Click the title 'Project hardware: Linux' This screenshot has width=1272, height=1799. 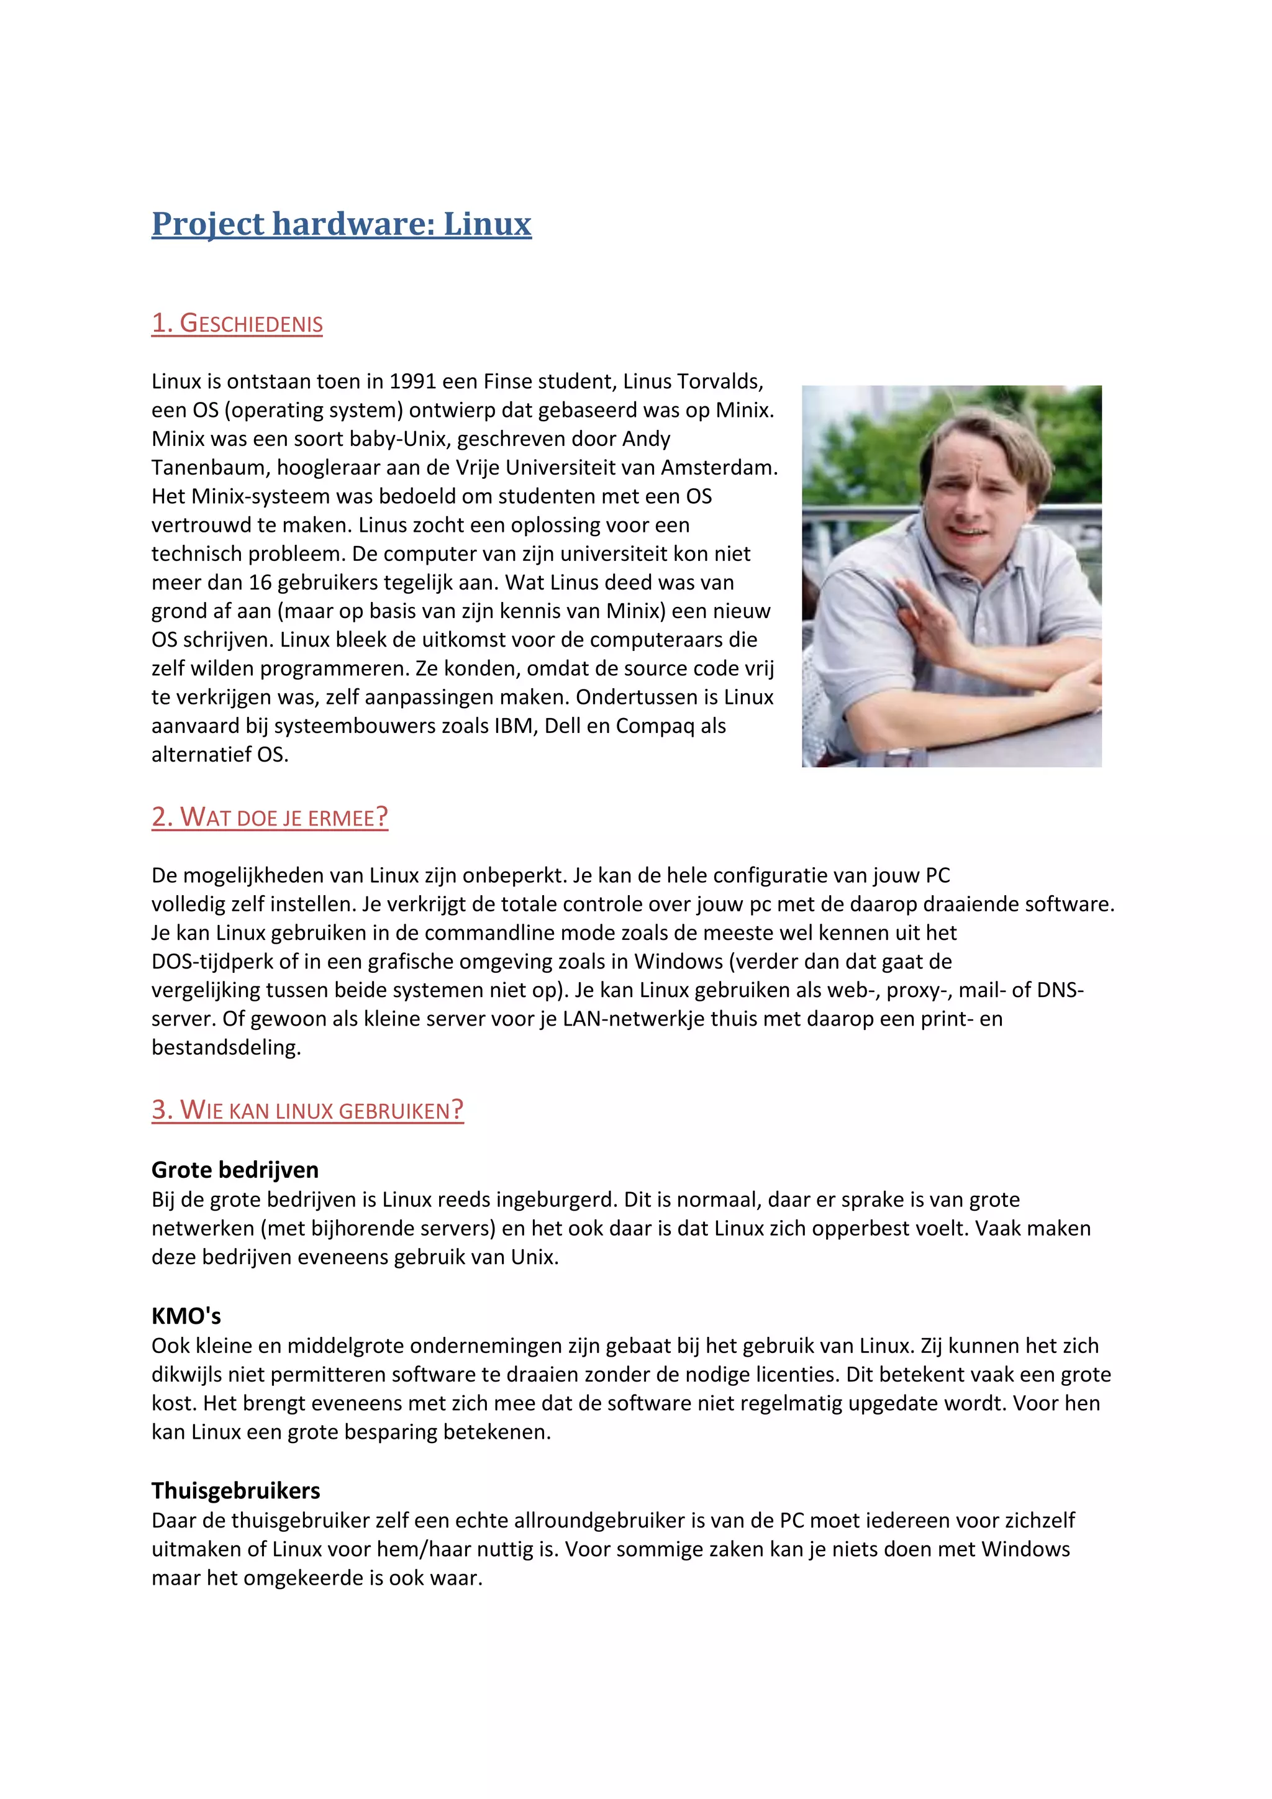pos(342,224)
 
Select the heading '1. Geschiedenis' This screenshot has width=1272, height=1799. pos(237,324)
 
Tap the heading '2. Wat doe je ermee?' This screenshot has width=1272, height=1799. pos(270,818)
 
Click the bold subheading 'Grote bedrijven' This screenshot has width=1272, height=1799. pos(235,1170)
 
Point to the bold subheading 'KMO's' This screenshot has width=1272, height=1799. pos(186,1316)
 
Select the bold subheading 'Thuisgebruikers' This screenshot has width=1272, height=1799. pos(236,1491)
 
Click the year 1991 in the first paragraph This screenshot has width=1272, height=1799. pos(413,381)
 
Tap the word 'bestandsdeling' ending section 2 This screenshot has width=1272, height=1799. pos(225,1047)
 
